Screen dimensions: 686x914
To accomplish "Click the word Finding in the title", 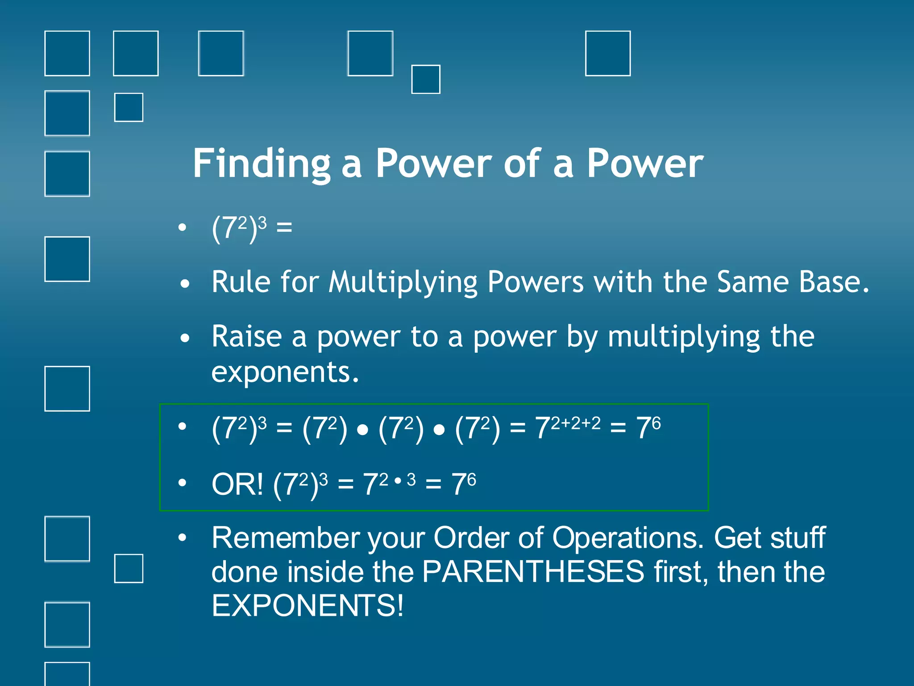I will coord(262,164).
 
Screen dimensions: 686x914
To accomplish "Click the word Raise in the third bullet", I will coord(246,337).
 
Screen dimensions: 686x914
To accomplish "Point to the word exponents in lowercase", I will coord(284,372).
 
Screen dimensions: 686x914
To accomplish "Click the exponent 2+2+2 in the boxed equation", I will coord(576,423).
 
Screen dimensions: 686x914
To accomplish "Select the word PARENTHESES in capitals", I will coord(533,572).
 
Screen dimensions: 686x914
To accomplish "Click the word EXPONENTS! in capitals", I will coord(307,606).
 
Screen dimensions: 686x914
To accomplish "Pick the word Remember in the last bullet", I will coord(286,538).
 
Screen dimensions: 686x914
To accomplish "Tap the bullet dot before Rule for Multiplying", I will coord(185,284).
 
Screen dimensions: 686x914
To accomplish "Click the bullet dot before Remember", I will coord(182,538).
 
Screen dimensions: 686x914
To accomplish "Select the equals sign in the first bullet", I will coord(284,228).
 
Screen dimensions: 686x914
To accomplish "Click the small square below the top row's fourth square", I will coord(425,79).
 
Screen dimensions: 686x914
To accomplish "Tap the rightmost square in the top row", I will coord(607,54).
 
